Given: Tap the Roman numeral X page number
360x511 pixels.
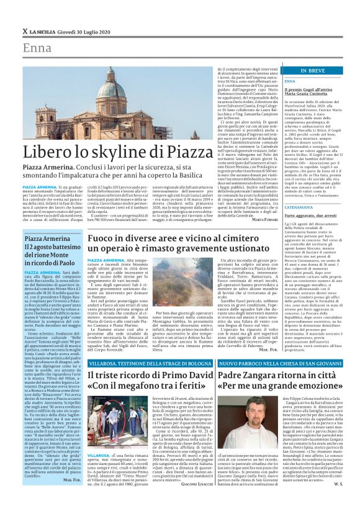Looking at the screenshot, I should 24,31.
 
